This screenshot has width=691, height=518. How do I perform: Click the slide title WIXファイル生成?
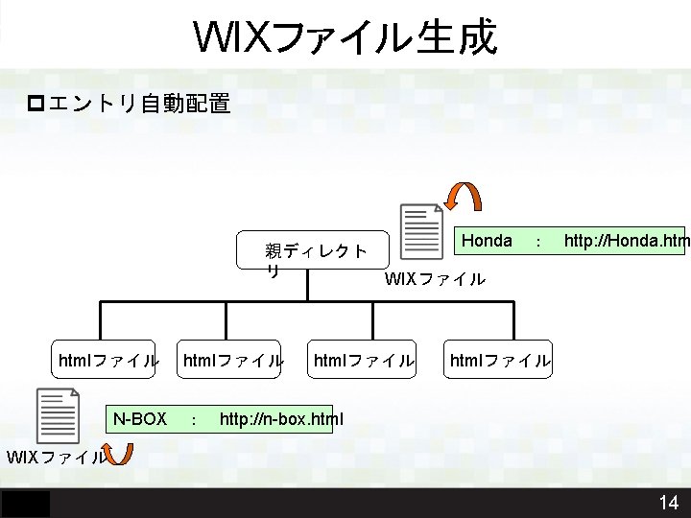click(x=345, y=37)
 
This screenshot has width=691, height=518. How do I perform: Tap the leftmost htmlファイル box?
click(x=108, y=361)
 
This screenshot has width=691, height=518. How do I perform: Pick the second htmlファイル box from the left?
click(x=233, y=361)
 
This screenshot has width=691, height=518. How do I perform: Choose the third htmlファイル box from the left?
click(x=364, y=361)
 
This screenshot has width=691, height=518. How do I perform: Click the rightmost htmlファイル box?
click(x=500, y=361)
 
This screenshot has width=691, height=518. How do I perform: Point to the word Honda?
click(x=488, y=240)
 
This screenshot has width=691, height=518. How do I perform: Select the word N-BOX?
click(x=140, y=419)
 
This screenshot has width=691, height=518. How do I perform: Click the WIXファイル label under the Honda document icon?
click(x=435, y=279)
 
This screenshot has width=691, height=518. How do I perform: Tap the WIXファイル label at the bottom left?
click(x=56, y=457)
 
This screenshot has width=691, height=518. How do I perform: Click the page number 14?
click(x=668, y=503)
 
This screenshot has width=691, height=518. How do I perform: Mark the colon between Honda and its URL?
click(x=538, y=242)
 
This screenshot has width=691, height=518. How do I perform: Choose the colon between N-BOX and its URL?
click(x=195, y=420)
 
